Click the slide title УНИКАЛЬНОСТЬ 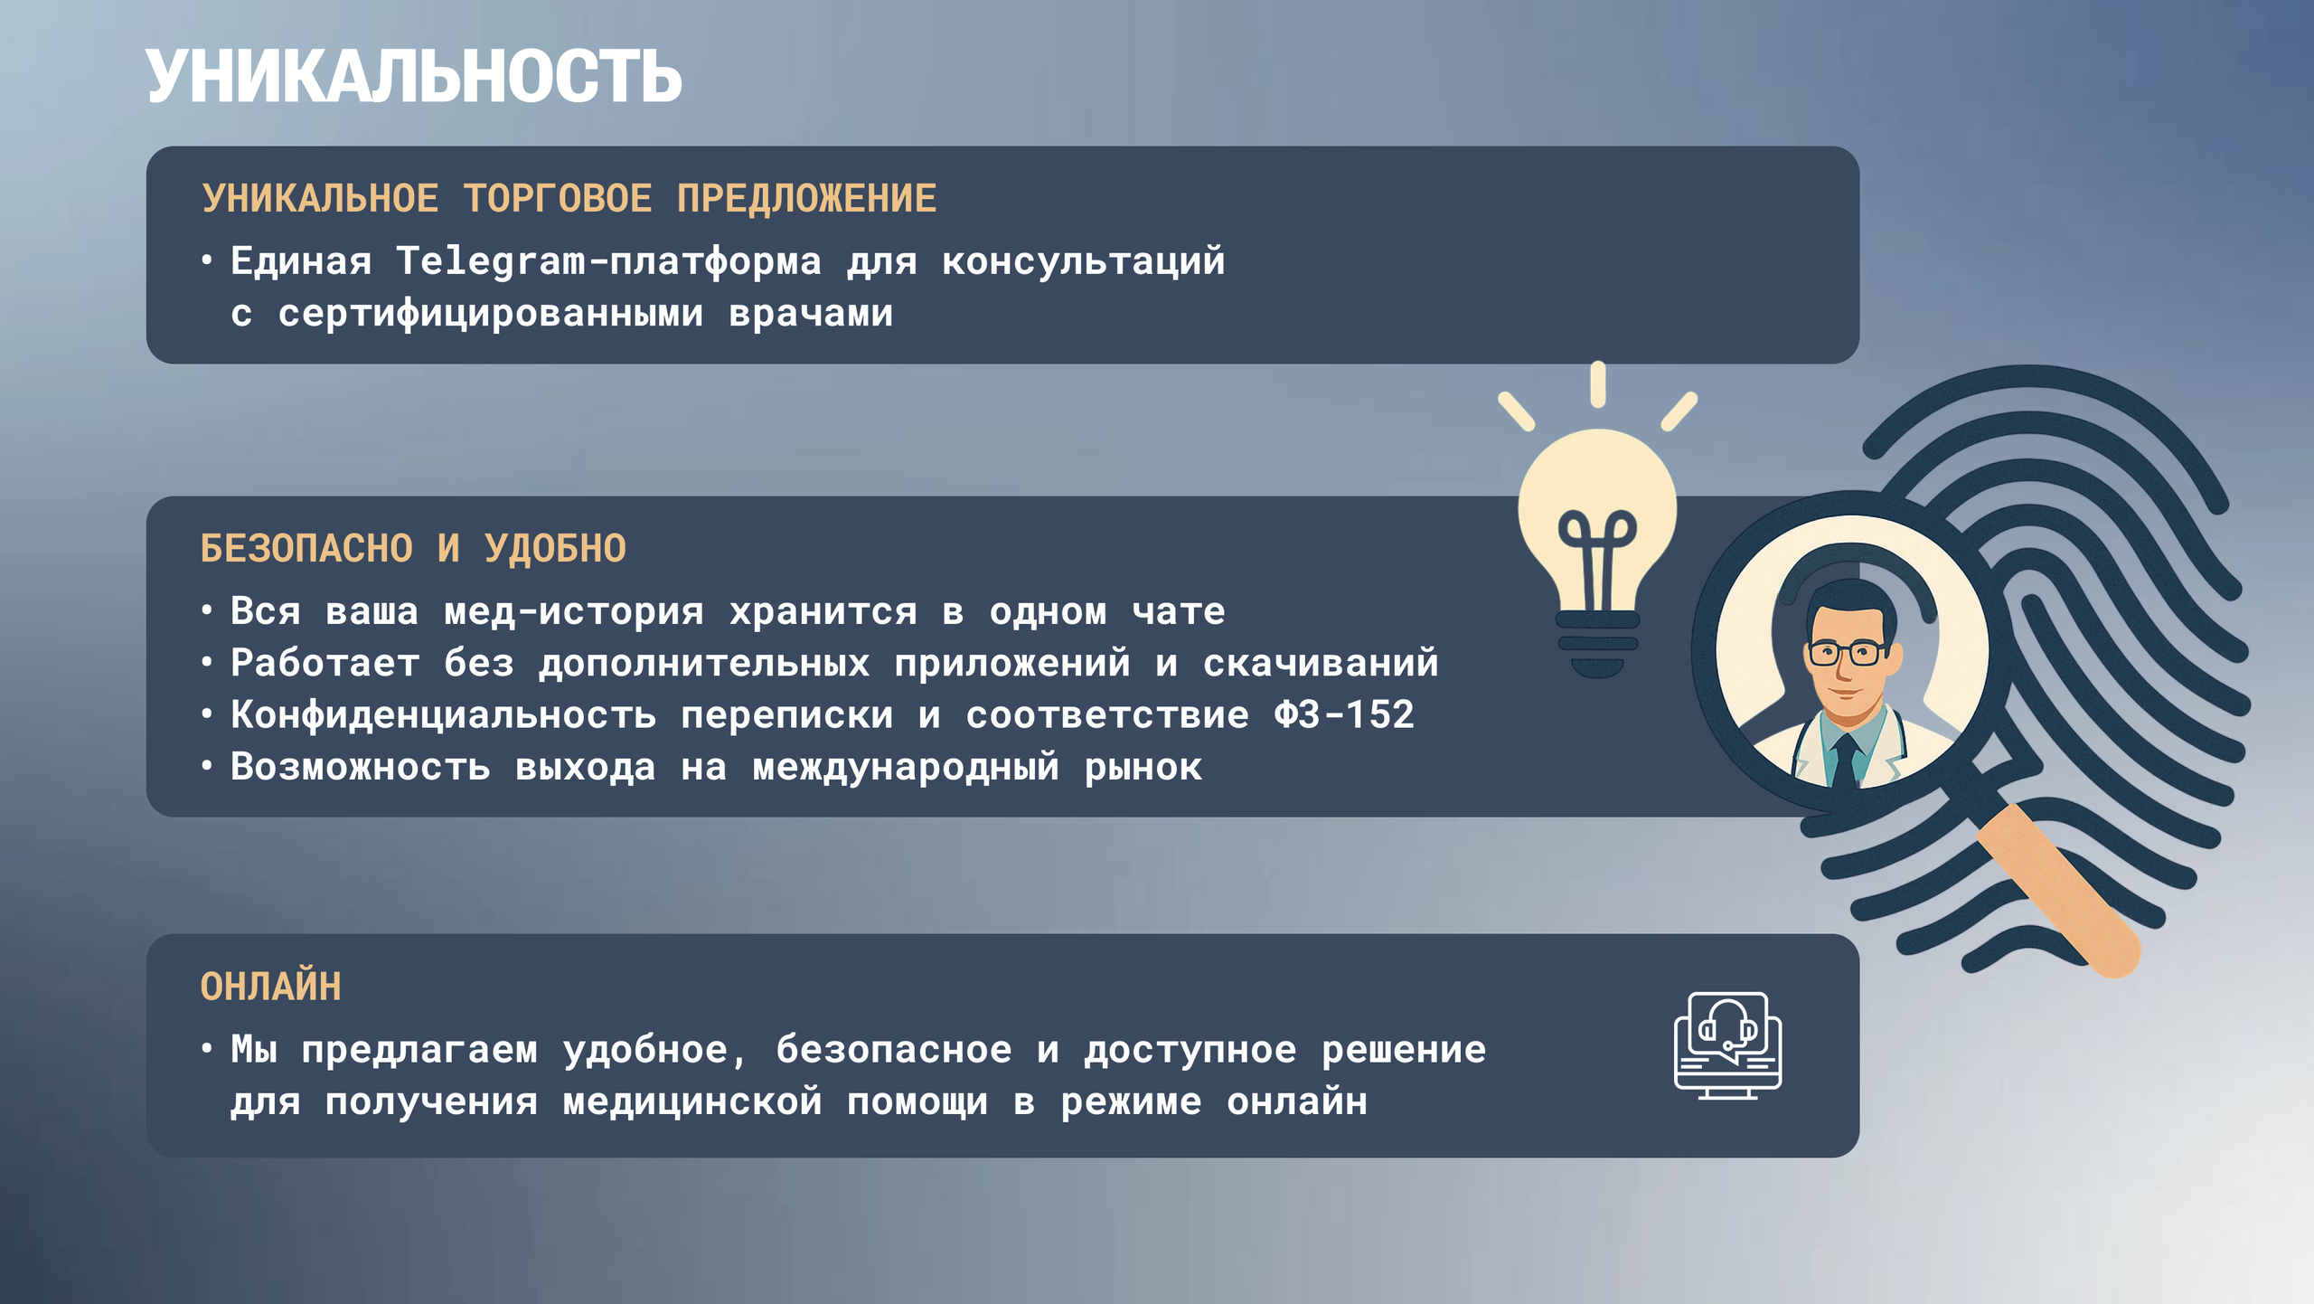414,78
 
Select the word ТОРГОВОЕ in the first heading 558,199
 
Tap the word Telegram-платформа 608,261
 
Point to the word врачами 811,314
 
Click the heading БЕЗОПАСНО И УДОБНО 413,549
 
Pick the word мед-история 573,612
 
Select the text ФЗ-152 1343,715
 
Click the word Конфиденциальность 443,715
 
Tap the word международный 905,768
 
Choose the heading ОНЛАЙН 271,987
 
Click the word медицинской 692,1102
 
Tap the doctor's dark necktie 1845,760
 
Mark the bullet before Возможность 207,767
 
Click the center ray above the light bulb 1598,383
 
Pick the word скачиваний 1320,664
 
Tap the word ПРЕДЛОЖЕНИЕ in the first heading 806,199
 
